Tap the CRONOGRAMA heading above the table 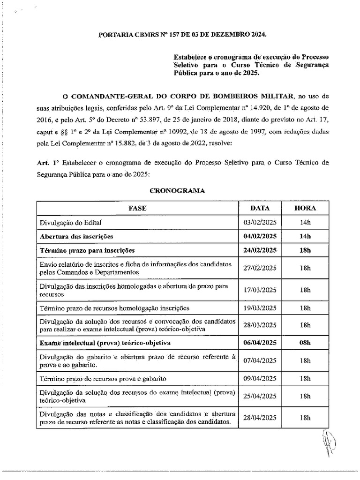click(x=177, y=191)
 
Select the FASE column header click(x=137, y=208)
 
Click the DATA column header click(x=260, y=208)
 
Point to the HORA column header click(x=305, y=208)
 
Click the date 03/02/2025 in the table click(x=260, y=222)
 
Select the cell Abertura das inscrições click(x=76, y=236)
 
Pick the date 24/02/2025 click(x=260, y=250)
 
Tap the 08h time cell click(x=305, y=343)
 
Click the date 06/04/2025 click(x=260, y=343)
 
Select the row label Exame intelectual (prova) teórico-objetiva click(x=105, y=343)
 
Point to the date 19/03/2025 click(x=260, y=308)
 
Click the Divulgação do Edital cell click(x=71, y=222)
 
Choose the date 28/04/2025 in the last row click(x=260, y=418)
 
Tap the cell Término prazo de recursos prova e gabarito click(x=104, y=378)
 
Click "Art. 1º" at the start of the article click(x=47, y=163)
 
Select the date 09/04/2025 click(x=260, y=378)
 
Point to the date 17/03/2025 click(x=260, y=290)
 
